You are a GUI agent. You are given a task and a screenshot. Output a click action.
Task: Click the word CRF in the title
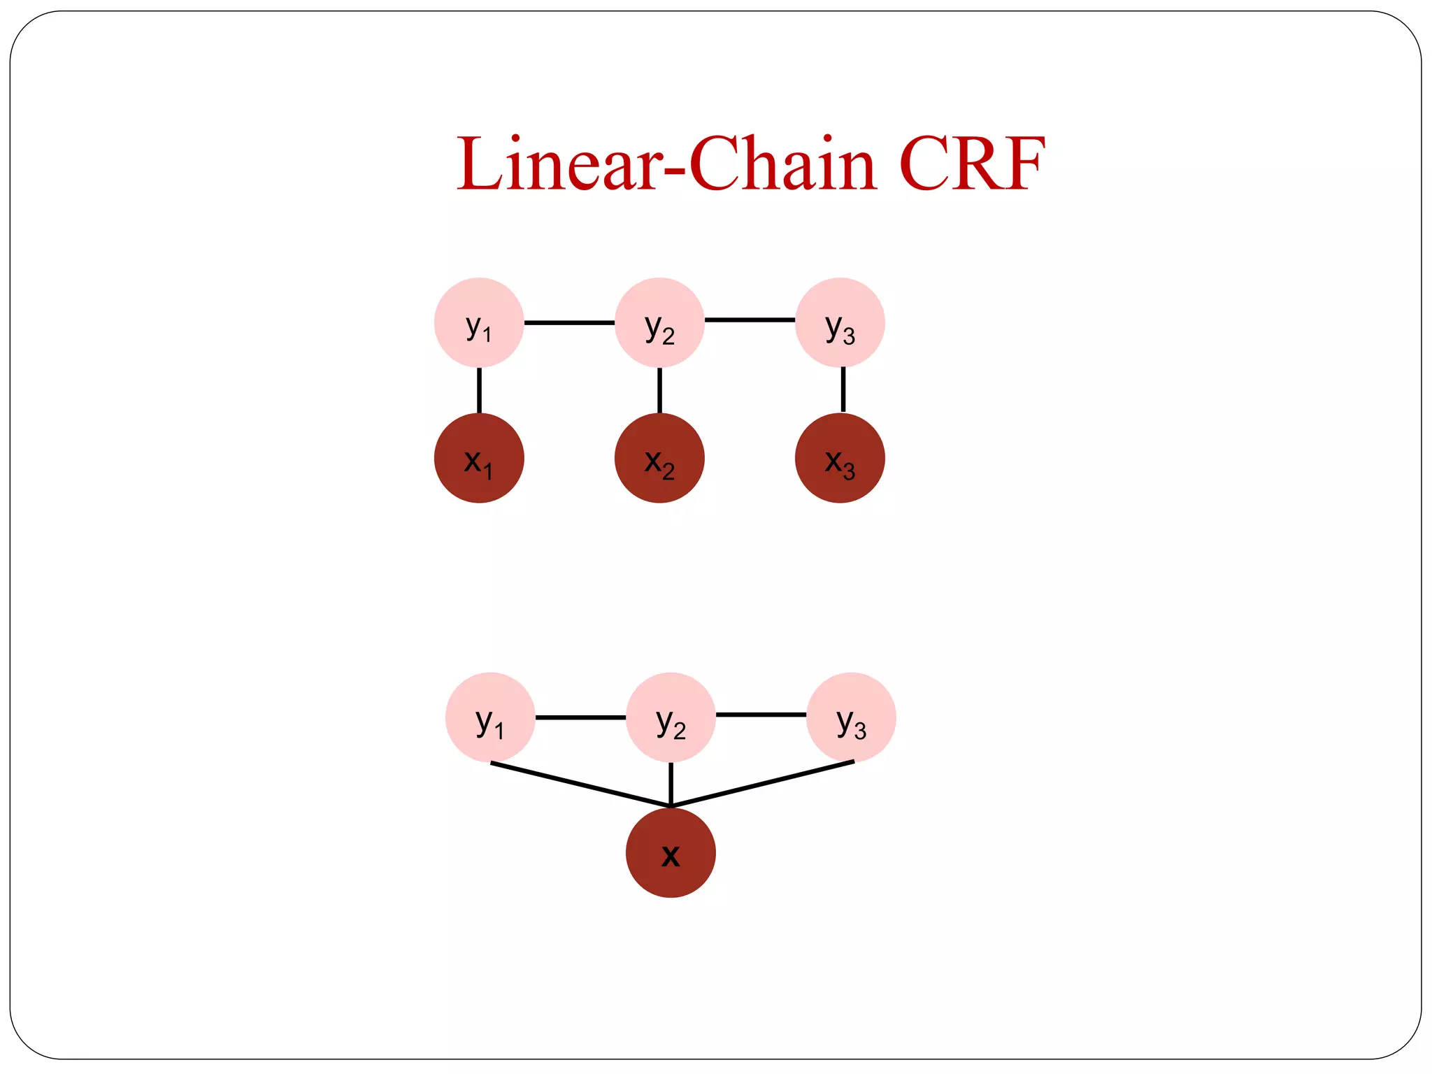click(972, 164)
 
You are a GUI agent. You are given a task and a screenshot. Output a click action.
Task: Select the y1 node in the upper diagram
click(479, 322)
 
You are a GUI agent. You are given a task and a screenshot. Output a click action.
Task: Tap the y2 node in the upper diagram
click(659, 322)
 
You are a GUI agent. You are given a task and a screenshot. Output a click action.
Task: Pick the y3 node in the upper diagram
click(840, 322)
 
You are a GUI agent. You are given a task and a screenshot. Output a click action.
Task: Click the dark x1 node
click(479, 458)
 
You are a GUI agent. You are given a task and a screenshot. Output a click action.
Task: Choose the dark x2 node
click(659, 458)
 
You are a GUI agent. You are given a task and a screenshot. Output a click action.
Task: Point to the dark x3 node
click(840, 458)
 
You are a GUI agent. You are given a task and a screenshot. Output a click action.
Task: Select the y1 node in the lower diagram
click(490, 717)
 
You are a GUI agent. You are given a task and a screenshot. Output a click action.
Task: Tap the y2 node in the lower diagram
click(671, 717)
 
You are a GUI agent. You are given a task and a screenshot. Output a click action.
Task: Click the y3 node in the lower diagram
click(851, 717)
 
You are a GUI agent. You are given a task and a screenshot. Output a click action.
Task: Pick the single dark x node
click(671, 853)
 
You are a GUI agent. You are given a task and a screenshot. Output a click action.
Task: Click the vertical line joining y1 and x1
click(479, 390)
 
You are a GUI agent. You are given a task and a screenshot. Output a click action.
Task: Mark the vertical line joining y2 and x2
click(659, 390)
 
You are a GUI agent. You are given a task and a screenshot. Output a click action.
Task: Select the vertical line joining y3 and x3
click(843, 389)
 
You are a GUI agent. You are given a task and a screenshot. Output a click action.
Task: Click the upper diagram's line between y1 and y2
click(569, 322)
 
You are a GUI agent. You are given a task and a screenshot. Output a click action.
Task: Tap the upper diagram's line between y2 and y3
click(750, 320)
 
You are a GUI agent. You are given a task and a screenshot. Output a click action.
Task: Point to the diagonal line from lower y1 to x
click(580, 785)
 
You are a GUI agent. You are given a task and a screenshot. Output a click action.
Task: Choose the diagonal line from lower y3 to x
click(762, 784)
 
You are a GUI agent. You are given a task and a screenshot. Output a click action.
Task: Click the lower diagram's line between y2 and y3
click(761, 715)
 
